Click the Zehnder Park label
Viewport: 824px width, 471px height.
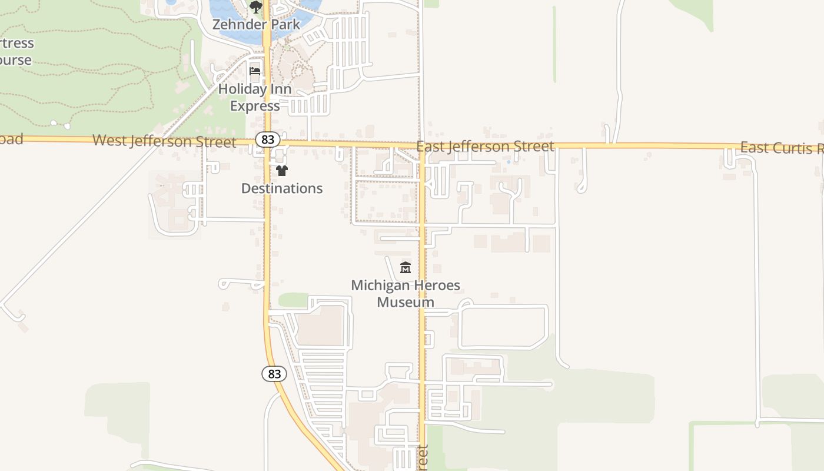pos(256,25)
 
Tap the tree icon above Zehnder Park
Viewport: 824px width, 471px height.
pos(255,7)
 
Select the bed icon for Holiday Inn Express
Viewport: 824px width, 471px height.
pos(255,72)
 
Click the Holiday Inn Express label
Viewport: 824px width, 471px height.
pos(255,98)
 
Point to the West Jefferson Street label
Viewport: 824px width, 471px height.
pos(164,141)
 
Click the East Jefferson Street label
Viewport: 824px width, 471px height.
pos(485,146)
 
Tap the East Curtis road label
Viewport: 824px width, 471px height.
pos(781,147)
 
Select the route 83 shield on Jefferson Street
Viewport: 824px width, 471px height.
pos(268,140)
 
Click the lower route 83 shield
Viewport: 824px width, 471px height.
pos(274,374)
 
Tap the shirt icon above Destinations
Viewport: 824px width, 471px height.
pos(282,171)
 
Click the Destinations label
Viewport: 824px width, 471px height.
pos(282,188)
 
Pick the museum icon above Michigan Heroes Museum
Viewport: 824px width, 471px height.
pos(406,268)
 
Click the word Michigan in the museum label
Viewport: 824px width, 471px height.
pos(380,286)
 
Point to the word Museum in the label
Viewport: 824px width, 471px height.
pos(406,303)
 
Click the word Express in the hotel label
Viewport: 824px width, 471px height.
pos(255,107)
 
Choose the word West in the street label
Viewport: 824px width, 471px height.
pos(109,141)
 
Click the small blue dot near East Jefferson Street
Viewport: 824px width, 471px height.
pos(508,161)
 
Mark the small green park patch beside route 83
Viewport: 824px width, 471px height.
pos(293,300)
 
